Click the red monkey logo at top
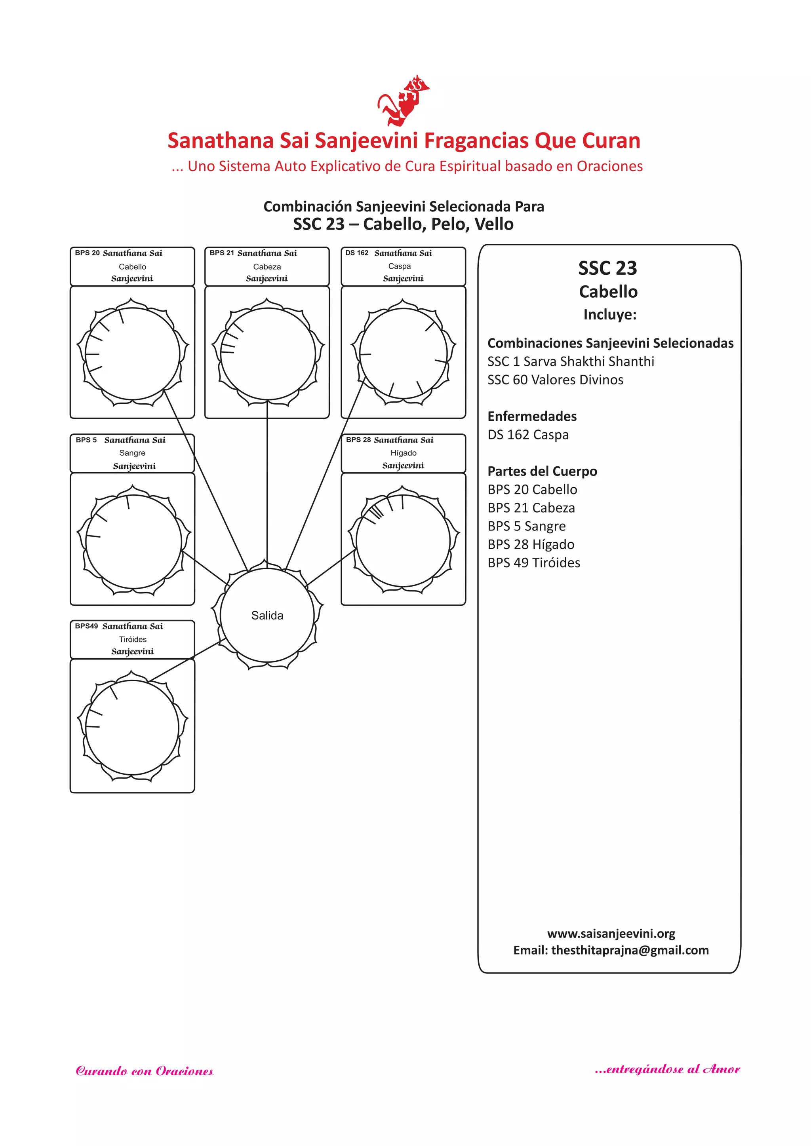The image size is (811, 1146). tap(402, 101)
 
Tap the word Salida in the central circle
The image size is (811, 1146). tap(267, 616)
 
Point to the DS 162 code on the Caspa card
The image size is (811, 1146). tap(356, 253)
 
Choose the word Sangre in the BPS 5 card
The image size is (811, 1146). tap(132, 453)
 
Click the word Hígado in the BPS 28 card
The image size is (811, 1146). tap(403, 453)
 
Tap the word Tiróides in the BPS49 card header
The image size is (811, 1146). tap(133, 639)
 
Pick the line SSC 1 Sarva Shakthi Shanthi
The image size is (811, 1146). tap(570, 361)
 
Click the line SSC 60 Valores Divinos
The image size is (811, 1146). tap(555, 380)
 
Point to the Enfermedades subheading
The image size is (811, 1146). tap(532, 416)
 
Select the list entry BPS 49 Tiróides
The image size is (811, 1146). tap(533, 563)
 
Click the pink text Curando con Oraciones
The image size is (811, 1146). tap(144, 1071)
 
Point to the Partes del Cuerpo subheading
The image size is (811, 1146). tap(542, 471)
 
